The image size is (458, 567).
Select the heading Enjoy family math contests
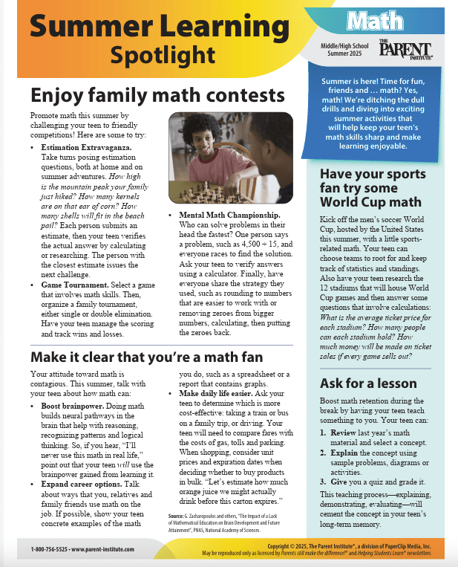coord(157,96)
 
